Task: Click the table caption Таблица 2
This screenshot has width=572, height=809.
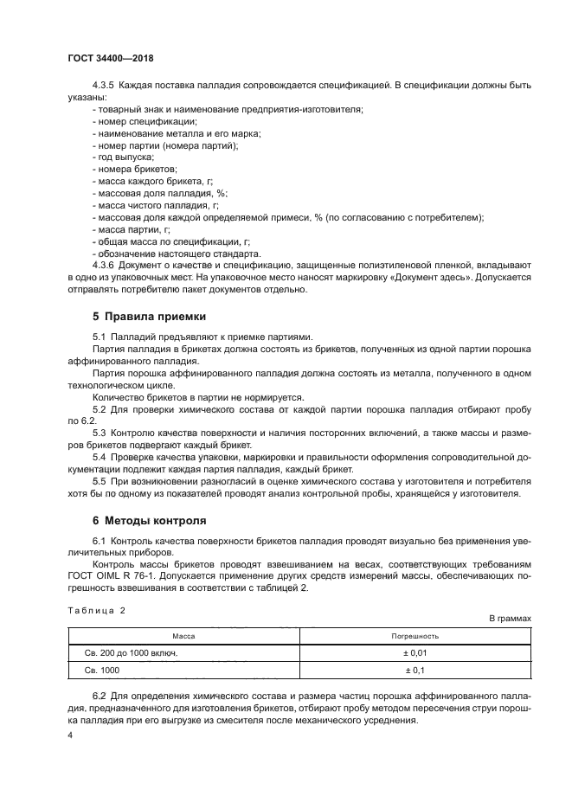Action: [x=96, y=611]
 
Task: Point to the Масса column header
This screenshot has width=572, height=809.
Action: [x=183, y=635]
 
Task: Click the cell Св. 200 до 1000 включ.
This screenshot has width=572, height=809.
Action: [x=126, y=652]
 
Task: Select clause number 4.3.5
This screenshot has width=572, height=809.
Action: [x=104, y=87]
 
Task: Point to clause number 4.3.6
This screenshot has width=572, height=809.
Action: [x=104, y=266]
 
